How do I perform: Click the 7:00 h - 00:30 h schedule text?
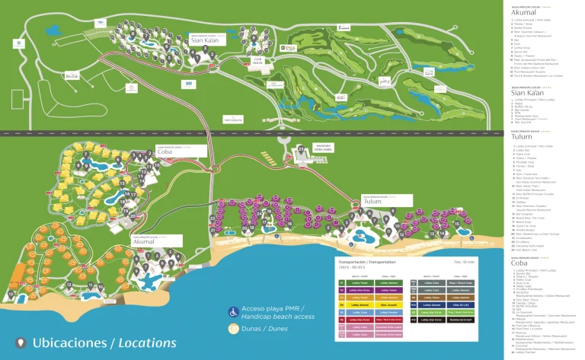352,267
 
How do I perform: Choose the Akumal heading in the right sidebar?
524,13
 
